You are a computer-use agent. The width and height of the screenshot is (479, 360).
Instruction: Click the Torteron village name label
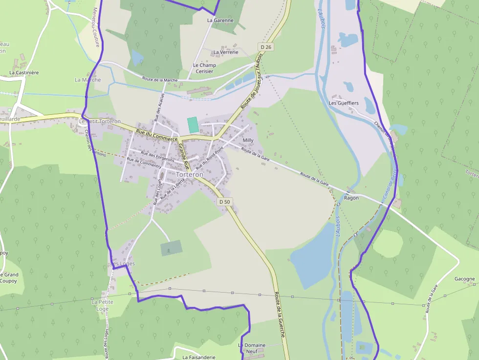click(189, 174)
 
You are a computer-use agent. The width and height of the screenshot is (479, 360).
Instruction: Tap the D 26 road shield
click(265, 47)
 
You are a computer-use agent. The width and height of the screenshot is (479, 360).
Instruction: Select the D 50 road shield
click(224, 201)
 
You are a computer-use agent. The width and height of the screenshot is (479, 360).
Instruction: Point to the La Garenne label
click(220, 21)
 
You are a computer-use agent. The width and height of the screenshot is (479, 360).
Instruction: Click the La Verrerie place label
click(226, 52)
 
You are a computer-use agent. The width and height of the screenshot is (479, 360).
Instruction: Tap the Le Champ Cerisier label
click(204, 68)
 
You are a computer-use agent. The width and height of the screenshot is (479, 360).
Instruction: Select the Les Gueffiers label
click(344, 103)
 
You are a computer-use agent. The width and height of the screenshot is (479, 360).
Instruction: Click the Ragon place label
click(351, 198)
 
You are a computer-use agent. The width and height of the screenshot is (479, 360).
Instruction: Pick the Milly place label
click(248, 140)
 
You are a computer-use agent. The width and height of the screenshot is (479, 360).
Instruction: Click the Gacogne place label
click(464, 279)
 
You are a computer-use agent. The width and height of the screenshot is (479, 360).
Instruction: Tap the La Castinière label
click(24, 72)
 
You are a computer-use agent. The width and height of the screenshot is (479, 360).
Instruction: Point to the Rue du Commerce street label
click(156, 135)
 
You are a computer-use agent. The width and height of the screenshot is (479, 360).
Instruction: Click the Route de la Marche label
click(160, 79)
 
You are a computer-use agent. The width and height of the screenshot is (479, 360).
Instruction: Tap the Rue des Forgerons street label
click(157, 157)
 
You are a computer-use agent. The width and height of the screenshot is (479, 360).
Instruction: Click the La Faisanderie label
click(198, 357)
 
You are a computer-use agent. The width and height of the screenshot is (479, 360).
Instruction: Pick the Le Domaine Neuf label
click(252, 348)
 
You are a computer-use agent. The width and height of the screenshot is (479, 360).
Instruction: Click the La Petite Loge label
click(102, 305)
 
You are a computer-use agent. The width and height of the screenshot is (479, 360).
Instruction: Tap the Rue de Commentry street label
click(144, 163)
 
